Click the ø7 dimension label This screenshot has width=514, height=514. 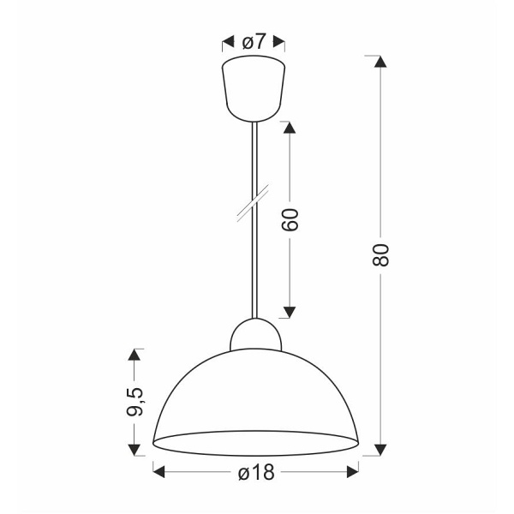point(254,41)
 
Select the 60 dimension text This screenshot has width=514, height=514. point(290,221)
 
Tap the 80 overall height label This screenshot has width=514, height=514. point(382,254)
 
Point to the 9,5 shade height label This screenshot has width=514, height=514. point(134,401)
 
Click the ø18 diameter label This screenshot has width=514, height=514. point(255,471)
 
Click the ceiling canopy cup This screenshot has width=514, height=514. point(254,86)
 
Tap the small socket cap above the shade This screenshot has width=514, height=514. point(255,335)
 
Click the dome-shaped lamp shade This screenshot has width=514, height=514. point(255,394)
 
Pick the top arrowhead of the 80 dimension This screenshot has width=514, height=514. point(381,62)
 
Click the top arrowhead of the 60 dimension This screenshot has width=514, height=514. point(290,128)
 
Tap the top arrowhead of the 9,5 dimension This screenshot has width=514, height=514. point(134,354)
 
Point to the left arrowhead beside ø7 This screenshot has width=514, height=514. point(228,41)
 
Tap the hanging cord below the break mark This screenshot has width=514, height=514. point(254,266)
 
